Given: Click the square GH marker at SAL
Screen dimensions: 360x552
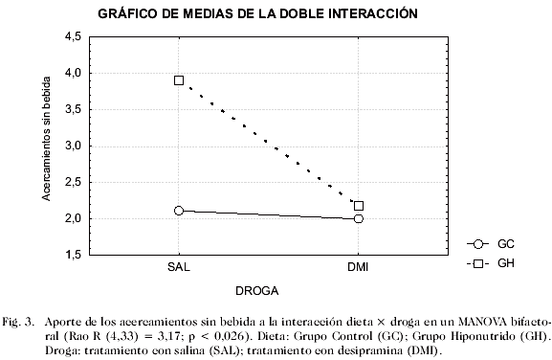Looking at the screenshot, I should (179, 80).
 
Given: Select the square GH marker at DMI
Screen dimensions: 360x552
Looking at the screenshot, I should (359, 206).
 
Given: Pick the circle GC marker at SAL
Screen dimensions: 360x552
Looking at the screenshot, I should (179, 211).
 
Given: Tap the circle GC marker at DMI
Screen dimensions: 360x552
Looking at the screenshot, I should (359, 218).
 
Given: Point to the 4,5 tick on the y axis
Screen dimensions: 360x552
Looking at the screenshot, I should (72, 36).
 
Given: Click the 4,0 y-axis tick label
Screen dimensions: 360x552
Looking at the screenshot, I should (72, 73).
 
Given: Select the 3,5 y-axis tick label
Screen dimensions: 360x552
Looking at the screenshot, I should (72, 109).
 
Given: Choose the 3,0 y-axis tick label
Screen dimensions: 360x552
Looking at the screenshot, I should (72, 146).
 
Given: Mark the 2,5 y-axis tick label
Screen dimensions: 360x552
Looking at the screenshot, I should (72, 182).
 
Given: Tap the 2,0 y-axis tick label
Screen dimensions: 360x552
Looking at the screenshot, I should (72, 218).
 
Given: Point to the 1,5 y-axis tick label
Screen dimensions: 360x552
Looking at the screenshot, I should (72, 255).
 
